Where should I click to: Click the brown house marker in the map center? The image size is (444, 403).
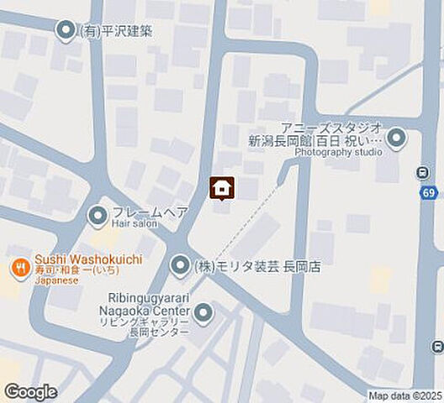tap(221, 188)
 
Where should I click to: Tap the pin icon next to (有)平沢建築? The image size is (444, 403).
tap(65, 32)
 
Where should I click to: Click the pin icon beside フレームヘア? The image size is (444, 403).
tap(98, 214)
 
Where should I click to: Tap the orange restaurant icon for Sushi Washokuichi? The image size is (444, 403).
tap(18, 270)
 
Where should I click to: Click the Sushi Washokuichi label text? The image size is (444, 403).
tap(88, 259)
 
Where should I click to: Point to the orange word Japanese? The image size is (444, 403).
tap(56, 281)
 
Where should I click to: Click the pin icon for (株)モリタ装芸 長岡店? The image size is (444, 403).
tap(180, 267)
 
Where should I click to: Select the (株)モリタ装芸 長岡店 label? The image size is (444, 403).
tap(256, 267)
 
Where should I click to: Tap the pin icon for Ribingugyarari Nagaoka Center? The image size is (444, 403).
tap(203, 315)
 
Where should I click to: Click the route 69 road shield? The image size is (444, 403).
tap(429, 193)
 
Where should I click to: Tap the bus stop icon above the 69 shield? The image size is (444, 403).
tap(423, 173)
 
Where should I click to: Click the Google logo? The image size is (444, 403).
tap(31, 391)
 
